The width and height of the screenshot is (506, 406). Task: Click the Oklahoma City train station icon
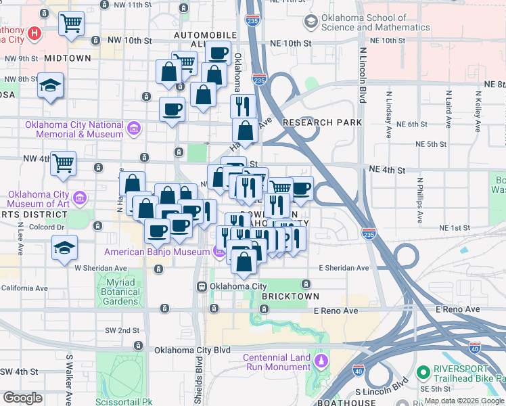[202, 287]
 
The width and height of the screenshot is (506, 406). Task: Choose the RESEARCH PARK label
[323, 122]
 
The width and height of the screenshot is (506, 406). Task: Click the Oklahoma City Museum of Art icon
[80, 198]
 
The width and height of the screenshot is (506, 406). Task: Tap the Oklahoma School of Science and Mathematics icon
[310, 22]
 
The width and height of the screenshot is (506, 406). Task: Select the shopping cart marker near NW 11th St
[71, 24]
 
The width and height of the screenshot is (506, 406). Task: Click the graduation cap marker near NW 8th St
[51, 85]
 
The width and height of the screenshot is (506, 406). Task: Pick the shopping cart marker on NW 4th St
[63, 162]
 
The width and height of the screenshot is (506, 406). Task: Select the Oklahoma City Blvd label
[193, 351]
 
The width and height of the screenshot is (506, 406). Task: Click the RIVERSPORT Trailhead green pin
[424, 372]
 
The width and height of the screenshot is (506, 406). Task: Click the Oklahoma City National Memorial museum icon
[133, 127]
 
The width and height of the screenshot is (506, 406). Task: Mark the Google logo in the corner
[22, 398]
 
